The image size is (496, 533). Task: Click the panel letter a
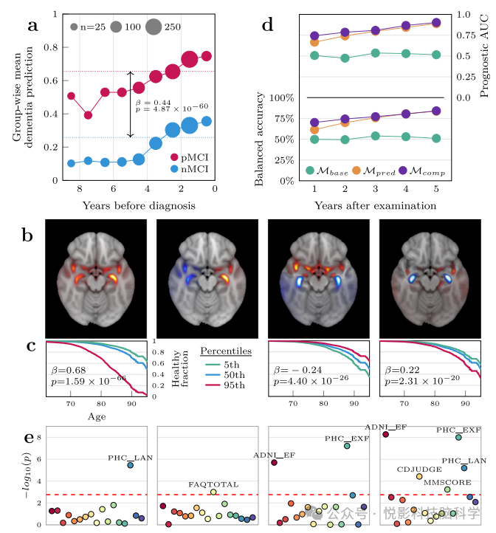coord(33,27)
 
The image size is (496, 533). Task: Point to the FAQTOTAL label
coord(213,484)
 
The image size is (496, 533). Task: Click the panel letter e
coord(29,439)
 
